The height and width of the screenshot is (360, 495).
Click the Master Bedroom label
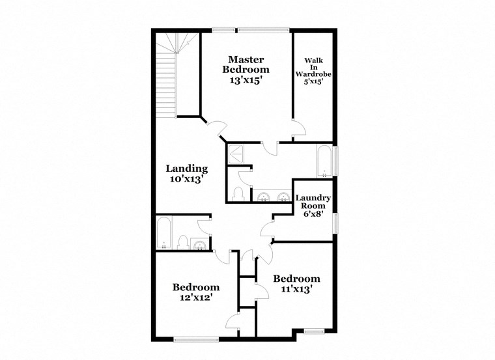[x=246, y=64]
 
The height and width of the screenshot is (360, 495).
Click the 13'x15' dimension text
[x=246, y=80]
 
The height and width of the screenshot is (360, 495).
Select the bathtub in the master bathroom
[x=324, y=161]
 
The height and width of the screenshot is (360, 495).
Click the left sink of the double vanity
[x=264, y=197]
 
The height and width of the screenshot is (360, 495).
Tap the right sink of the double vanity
[x=283, y=197]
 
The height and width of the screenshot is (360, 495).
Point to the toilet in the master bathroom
[x=238, y=193]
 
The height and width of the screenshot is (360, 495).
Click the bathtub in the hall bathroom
[x=164, y=232]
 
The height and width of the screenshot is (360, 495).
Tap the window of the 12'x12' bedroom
[x=196, y=337]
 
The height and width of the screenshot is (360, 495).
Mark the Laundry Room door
[x=266, y=230]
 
